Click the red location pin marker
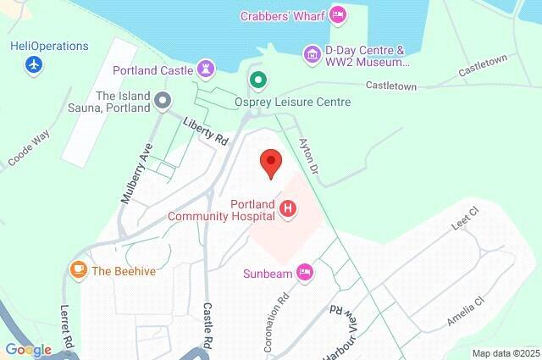(270, 162)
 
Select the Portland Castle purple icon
(205, 67)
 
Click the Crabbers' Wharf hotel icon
(338, 14)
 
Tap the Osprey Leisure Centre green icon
(257, 80)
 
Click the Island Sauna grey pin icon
(163, 102)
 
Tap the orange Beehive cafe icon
(78, 270)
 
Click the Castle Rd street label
(207, 325)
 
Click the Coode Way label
(29, 149)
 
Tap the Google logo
(28, 349)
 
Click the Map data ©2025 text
(506, 353)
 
